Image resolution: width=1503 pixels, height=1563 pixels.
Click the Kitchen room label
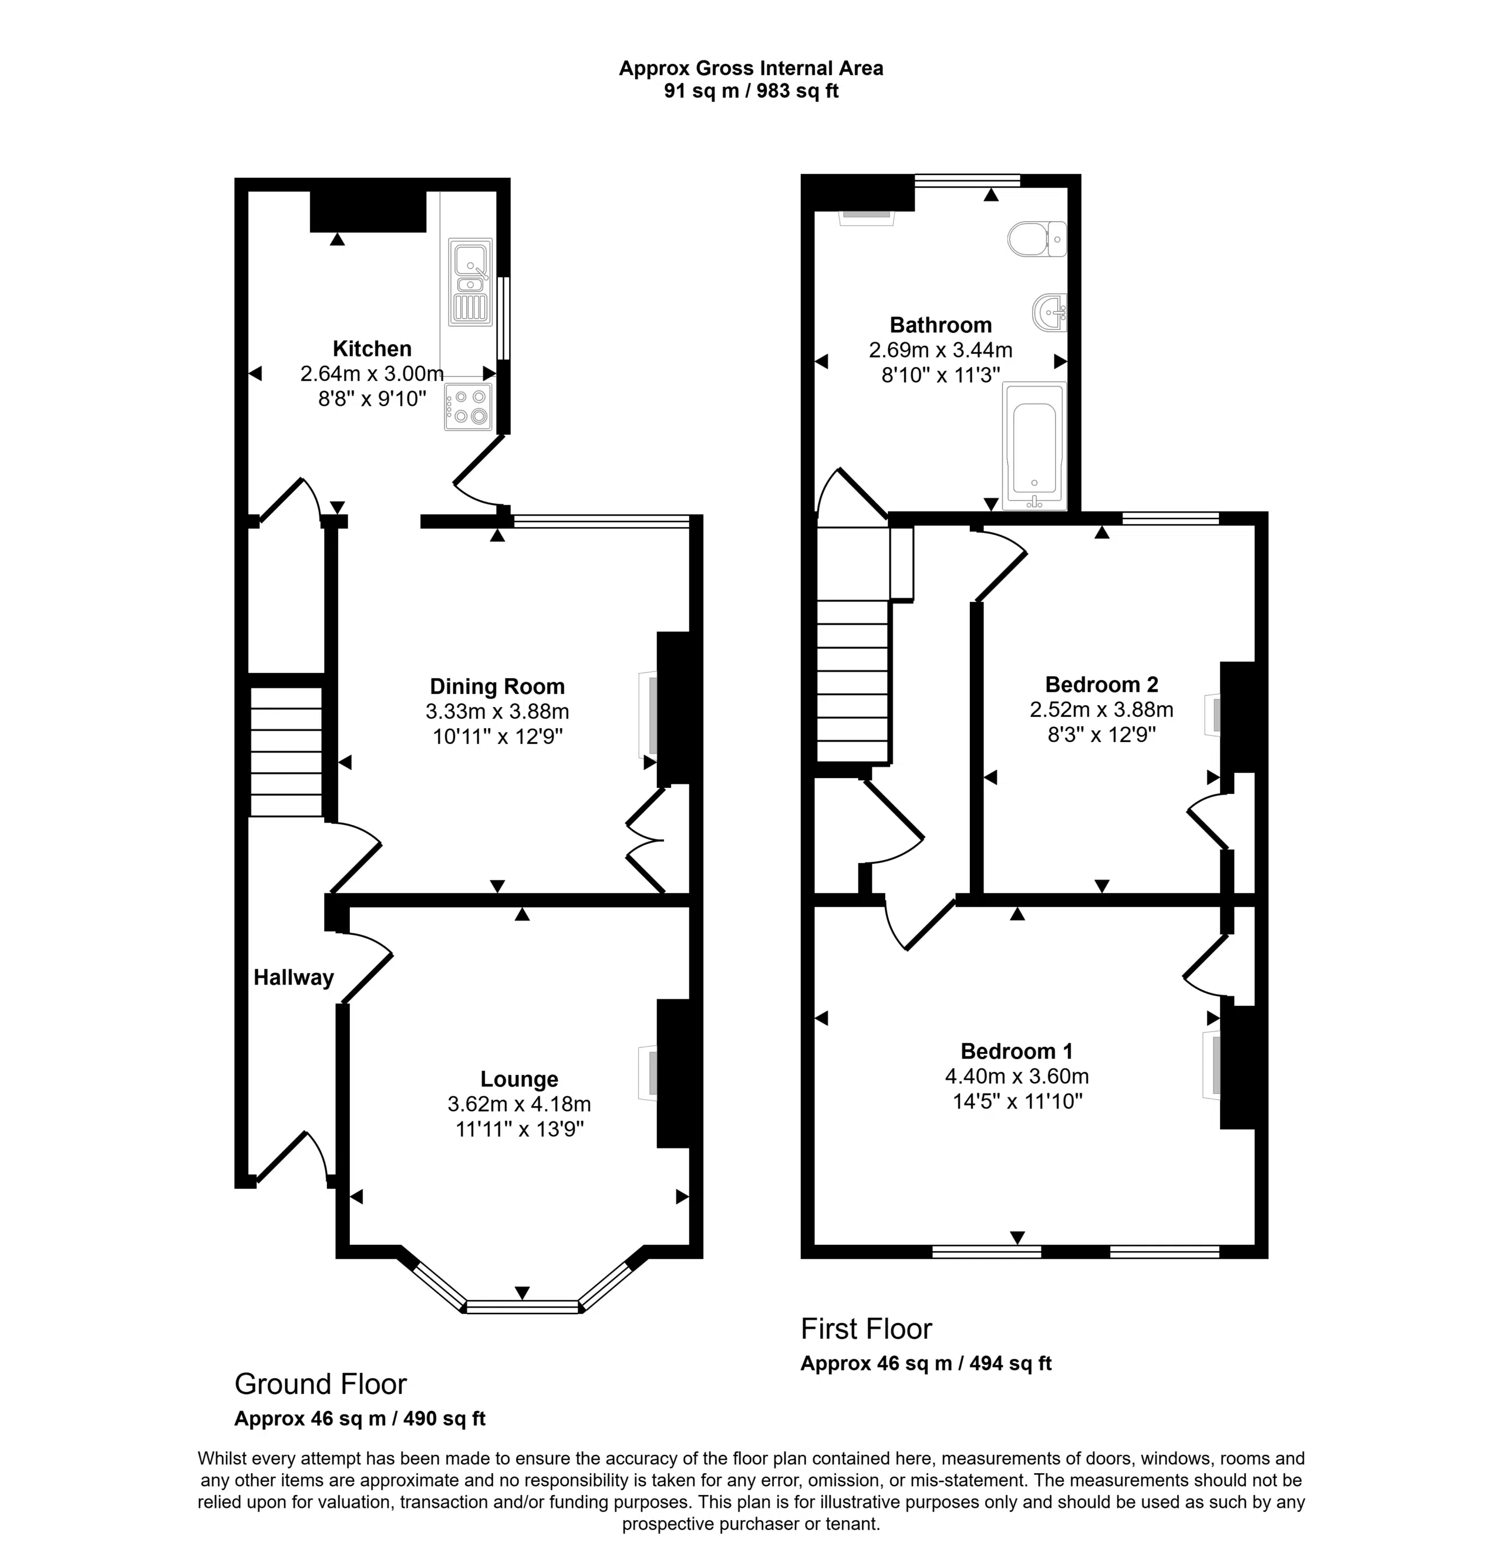pyautogui.click(x=372, y=349)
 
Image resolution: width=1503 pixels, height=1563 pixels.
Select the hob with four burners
pyautogui.click(x=469, y=407)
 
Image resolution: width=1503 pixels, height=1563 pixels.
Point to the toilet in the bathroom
pyautogui.click(x=1037, y=238)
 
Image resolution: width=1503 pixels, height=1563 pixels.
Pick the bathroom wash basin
pyautogui.click(x=1049, y=312)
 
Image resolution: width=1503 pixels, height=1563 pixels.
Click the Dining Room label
pyautogui.click(x=497, y=686)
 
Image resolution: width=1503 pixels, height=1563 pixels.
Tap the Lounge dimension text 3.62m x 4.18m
pyautogui.click(x=519, y=1104)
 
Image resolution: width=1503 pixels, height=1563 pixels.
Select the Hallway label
pyautogui.click(x=294, y=978)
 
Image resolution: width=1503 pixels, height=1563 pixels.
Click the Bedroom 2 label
pyautogui.click(x=1101, y=684)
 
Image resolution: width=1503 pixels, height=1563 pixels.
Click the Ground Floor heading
pyautogui.click(x=321, y=1383)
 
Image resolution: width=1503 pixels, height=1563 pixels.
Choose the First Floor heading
pyautogui.click(x=866, y=1329)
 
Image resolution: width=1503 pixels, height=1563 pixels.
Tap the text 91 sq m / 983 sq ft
pyautogui.click(x=751, y=91)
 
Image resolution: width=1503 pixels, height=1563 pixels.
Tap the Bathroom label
pyautogui.click(x=941, y=325)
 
